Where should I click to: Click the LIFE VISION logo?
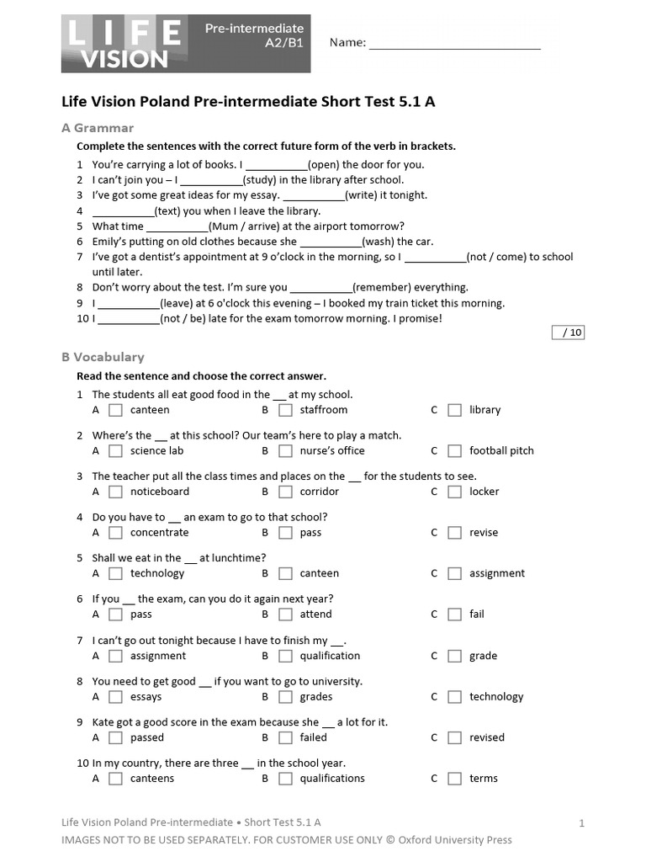pos(123,43)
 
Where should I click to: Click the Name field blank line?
pos(454,44)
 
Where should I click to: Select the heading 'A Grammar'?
pos(98,128)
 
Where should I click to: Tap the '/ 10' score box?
pos(568,332)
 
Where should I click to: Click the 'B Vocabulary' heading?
pos(103,357)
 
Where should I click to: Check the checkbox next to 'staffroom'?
pos(285,410)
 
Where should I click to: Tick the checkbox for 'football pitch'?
pos(454,451)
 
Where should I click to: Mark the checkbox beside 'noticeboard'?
pos(116,492)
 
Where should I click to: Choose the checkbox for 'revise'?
pos(454,533)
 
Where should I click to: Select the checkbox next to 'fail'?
pos(454,615)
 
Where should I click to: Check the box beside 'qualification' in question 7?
pos(285,656)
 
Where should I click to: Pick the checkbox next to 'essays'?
pos(116,697)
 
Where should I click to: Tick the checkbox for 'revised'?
pos(454,737)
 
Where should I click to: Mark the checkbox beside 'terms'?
pos(454,779)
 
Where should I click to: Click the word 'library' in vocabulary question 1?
pos(484,410)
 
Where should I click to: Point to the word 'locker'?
pos(484,492)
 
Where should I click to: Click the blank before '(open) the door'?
pos(277,165)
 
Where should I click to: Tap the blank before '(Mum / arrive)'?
pos(177,226)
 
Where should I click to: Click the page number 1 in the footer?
pos(581,823)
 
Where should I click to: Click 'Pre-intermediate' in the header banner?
pos(251,29)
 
